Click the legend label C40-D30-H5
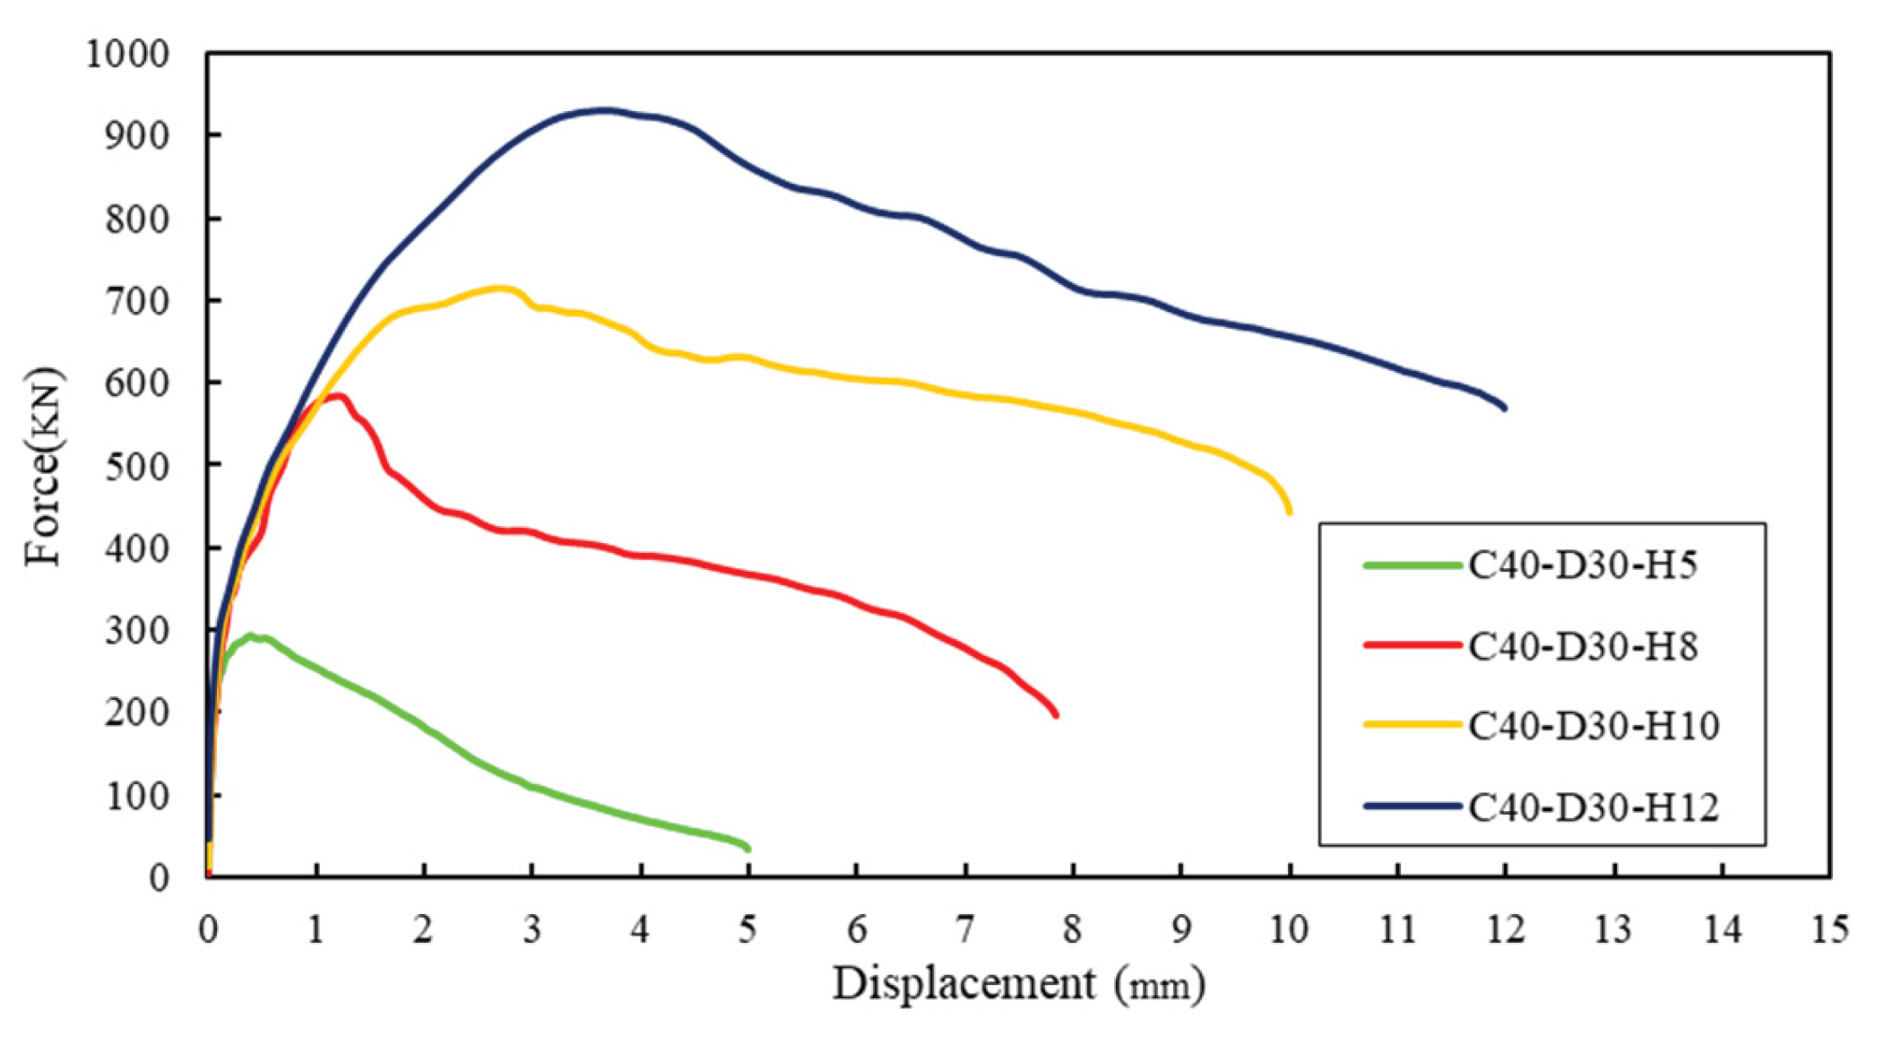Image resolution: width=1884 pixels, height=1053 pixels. point(1582,565)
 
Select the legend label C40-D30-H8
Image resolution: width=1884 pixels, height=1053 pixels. point(1582,645)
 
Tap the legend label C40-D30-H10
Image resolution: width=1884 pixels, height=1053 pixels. point(1593,725)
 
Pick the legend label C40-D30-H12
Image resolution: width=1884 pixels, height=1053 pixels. point(1593,807)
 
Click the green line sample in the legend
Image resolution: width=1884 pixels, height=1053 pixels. point(1412,565)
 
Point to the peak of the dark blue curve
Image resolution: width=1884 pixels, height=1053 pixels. point(607,110)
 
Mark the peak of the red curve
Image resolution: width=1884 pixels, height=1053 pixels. point(338,395)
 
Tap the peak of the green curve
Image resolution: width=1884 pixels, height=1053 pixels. point(250,635)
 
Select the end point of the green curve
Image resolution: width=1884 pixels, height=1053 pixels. point(748,848)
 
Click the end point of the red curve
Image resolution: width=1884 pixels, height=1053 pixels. point(1056,714)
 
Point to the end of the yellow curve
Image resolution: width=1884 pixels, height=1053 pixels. point(1290,511)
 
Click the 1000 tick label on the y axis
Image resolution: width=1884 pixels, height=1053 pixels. point(127,55)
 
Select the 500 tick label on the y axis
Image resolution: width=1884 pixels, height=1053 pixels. point(136,466)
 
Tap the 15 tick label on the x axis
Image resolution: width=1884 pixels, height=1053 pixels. point(1829,929)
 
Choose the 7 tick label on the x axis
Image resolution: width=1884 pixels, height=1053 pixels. point(964,929)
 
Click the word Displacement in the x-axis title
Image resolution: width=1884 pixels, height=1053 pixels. point(964,984)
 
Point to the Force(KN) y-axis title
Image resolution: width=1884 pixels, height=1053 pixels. point(43,466)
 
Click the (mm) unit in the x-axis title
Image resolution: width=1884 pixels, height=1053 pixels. point(1160,986)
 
